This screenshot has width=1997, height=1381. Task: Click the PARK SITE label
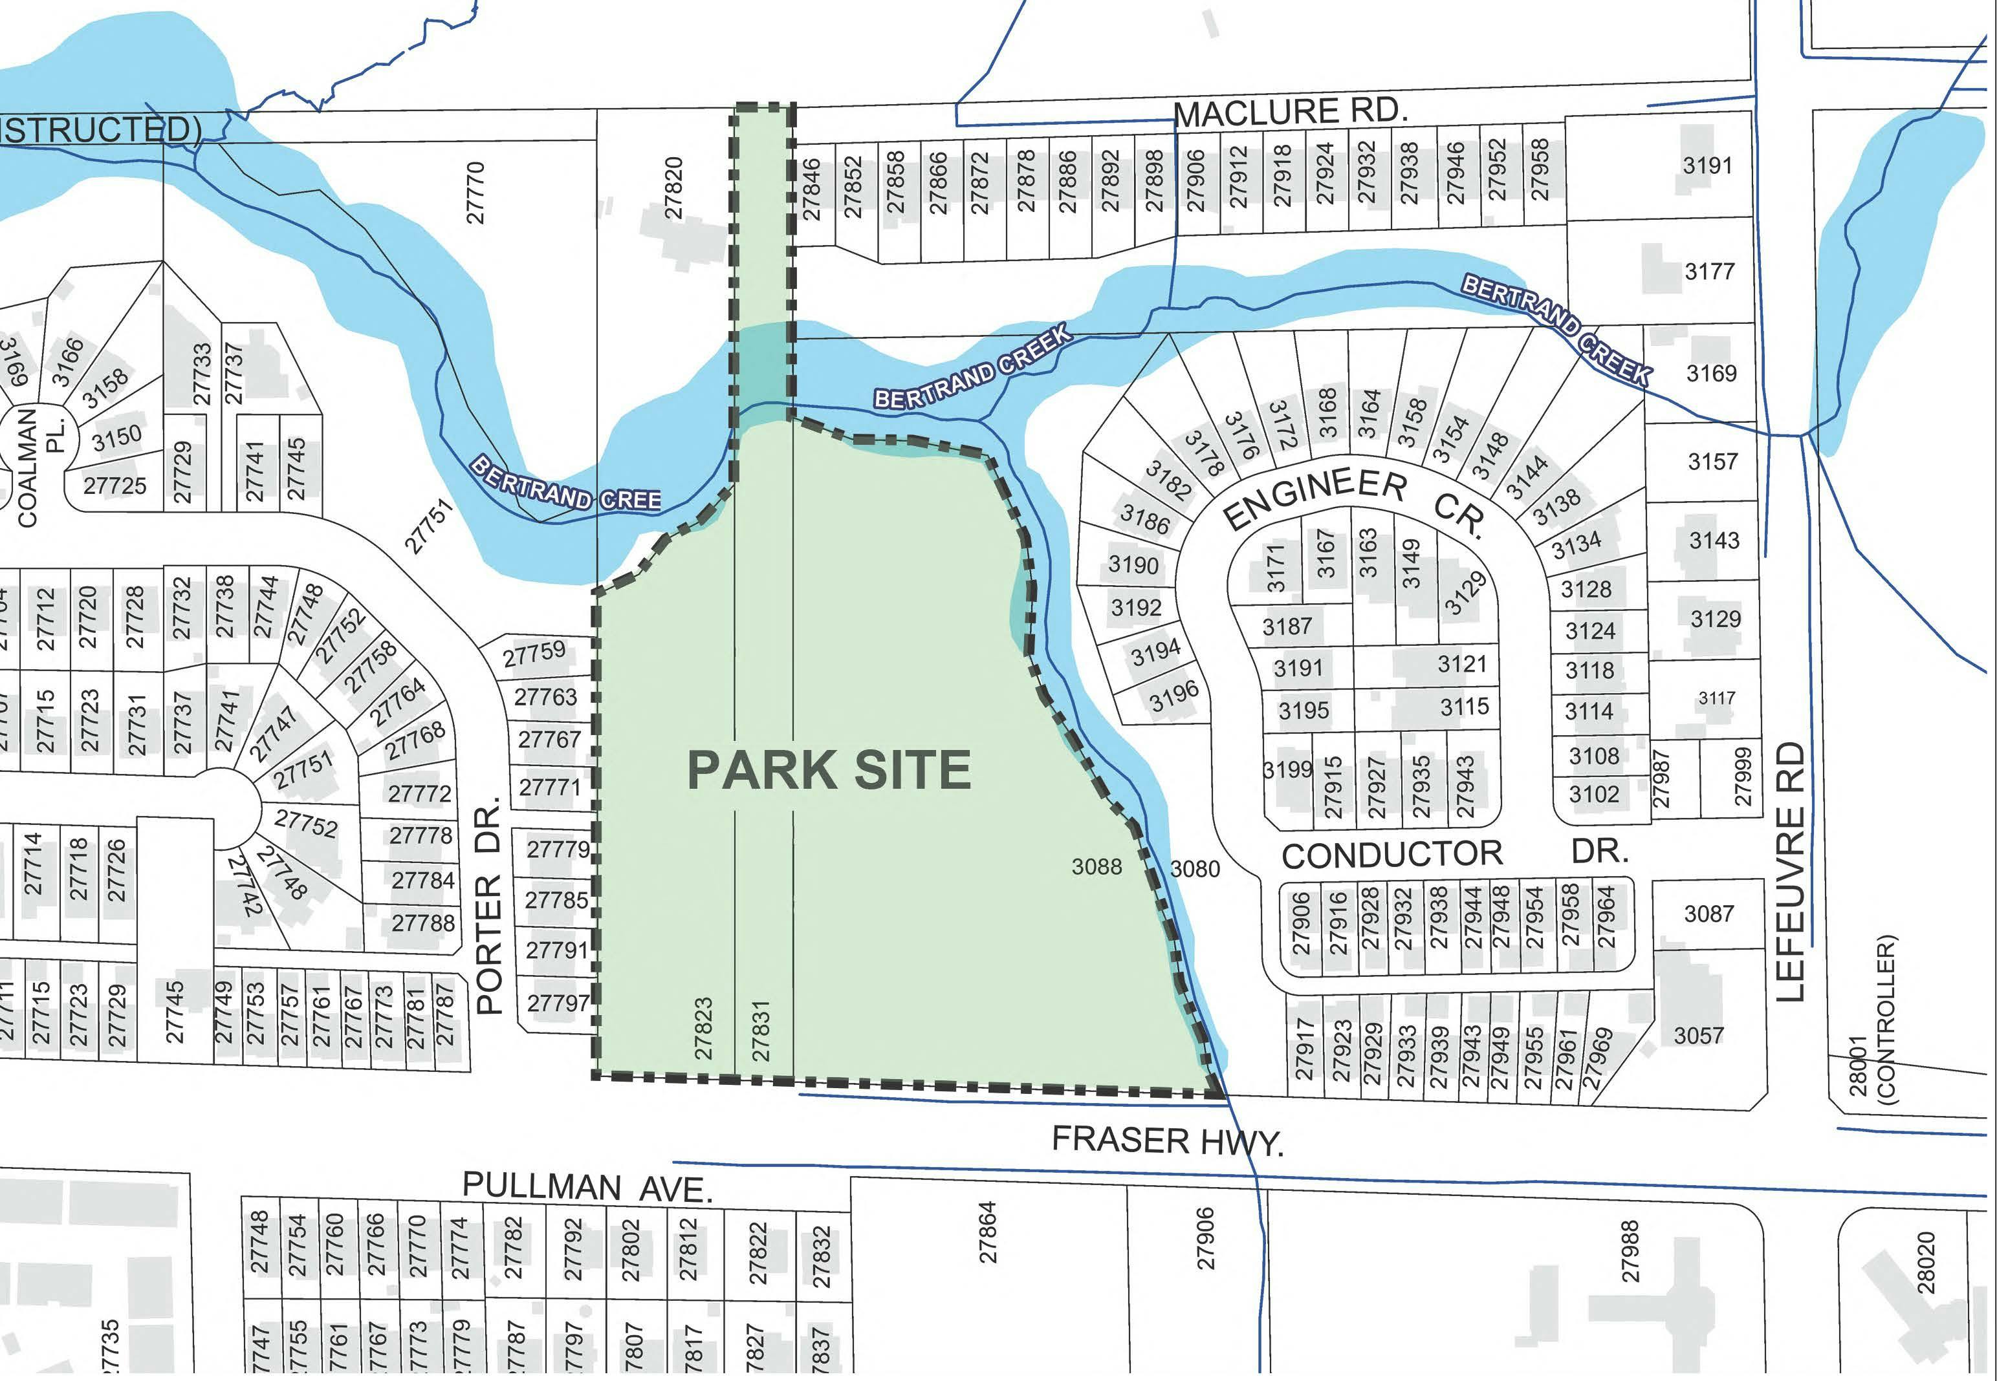click(829, 769)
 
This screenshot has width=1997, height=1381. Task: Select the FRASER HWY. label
click(1167, 1140)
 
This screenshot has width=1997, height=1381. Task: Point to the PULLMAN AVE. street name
click(587, 1186)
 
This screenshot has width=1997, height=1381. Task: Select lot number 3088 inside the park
click(1096, 866)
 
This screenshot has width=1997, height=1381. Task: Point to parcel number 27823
click(703, 1028)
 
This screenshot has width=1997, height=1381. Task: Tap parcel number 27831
click(760, 1030)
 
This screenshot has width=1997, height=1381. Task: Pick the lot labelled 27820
click(674, 187)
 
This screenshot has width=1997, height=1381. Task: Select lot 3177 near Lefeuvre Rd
click(1708, 272)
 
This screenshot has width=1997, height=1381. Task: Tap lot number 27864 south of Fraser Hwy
click(988, 1231)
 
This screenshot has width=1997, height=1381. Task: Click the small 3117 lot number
click(1716, 698)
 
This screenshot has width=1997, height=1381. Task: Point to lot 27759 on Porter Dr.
click(534, 653)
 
